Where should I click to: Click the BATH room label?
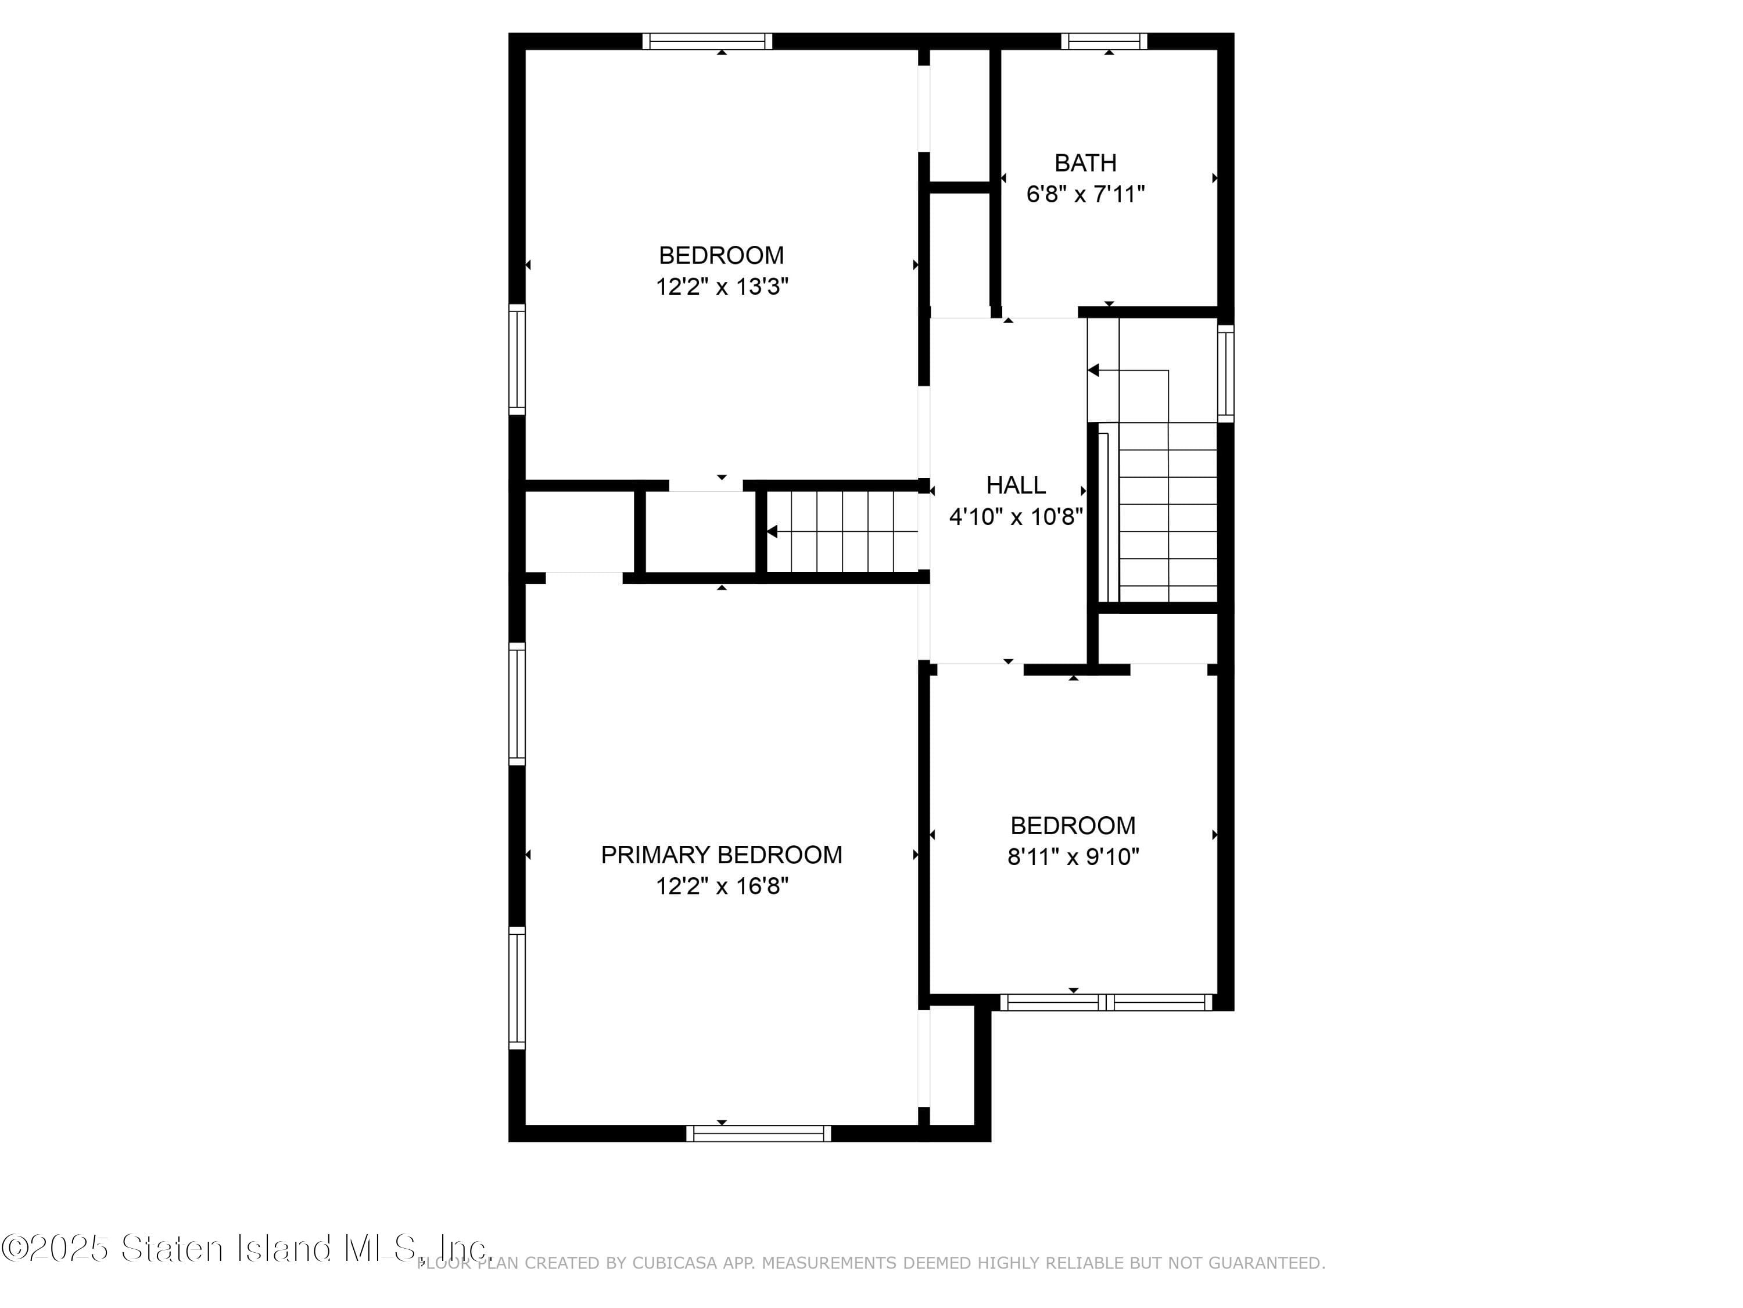tap(1085, 163)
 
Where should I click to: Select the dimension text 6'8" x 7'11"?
tap(1085, 194)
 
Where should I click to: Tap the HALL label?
tap(1016, 485)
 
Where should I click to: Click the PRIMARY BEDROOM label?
tap(721, 855)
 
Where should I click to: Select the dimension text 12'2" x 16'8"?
tap(722, 886)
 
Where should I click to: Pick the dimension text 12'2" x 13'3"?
tap(722, 286)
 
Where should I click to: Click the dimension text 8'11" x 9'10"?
tap(1073, 857)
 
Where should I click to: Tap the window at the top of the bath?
tap(1104, 41)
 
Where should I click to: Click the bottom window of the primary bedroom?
tap(758, 1134)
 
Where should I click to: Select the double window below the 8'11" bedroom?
tap(1106, 1002)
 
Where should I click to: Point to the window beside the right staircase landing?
tap(1225, 373)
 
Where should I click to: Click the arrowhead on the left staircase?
tap(773, 532)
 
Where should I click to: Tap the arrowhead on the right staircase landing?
tap(1093, 370)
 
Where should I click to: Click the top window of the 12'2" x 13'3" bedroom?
tap(707, 41)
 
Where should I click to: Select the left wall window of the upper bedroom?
tap(516, 359)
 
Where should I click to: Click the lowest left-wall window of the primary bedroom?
tap(516, 988)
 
